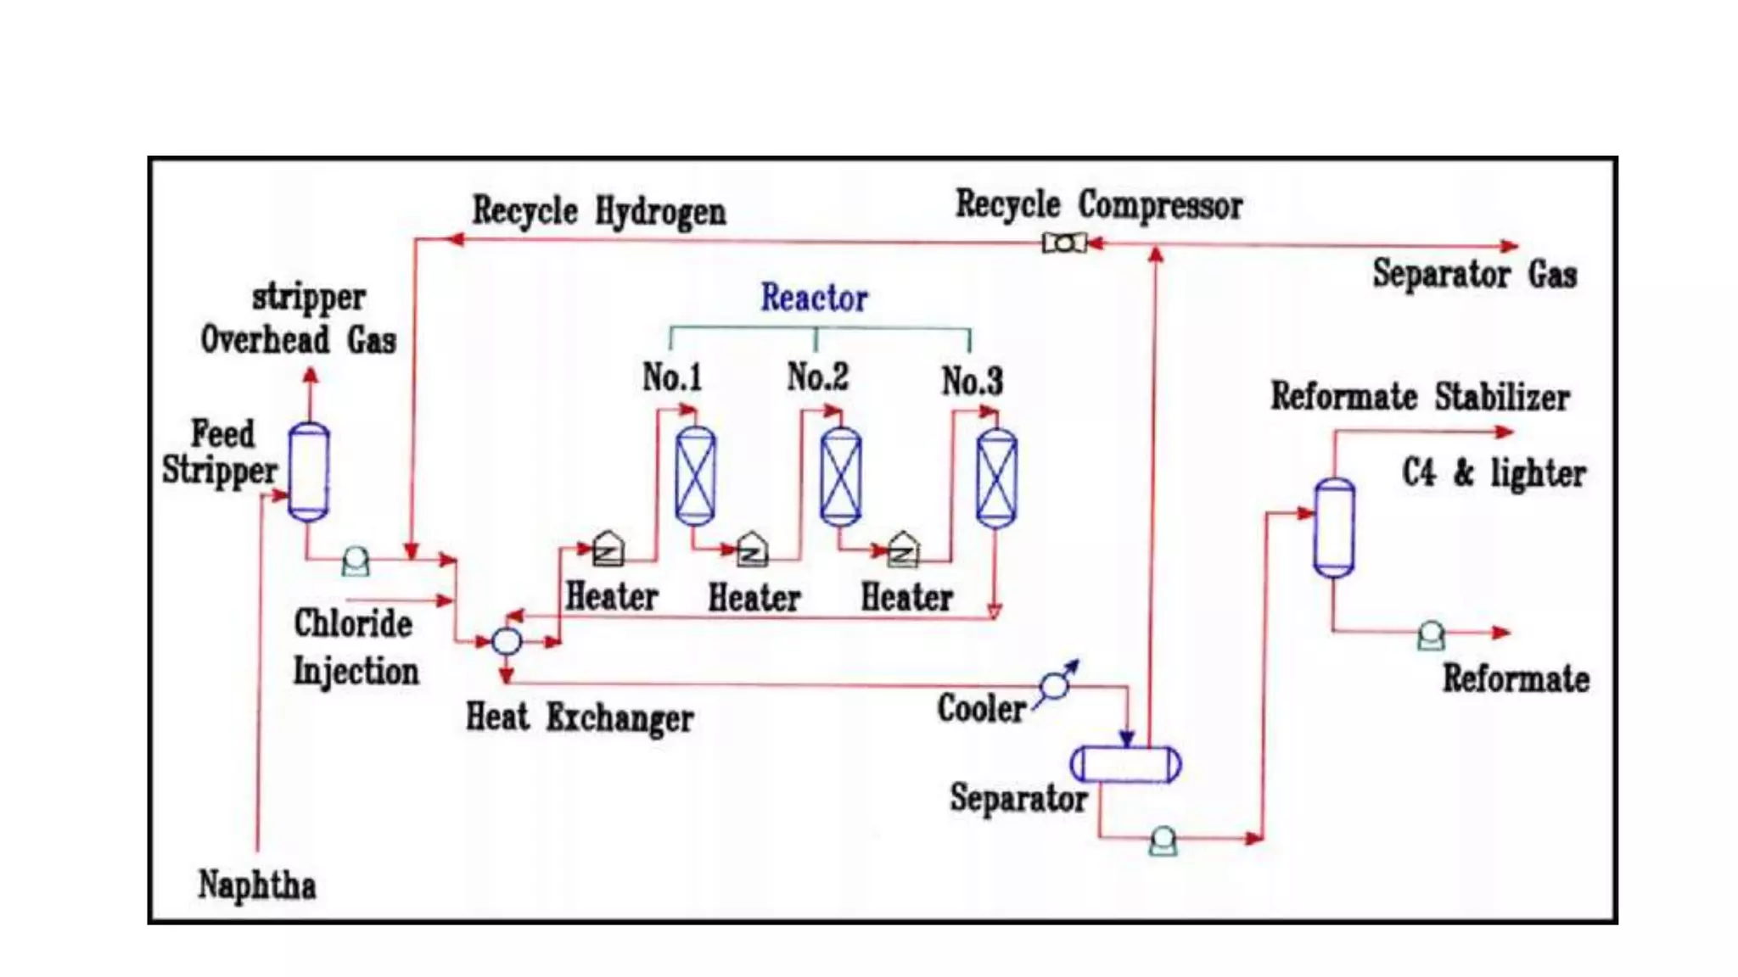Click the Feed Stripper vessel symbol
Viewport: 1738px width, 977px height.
(x=309, y=472)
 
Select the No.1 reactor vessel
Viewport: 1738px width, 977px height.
(x=695, y=476)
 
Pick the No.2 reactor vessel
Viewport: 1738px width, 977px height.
(x=841, y=477)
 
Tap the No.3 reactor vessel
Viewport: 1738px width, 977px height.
(x=996, y=478)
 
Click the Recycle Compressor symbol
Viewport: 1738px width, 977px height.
(x=1064, y=243)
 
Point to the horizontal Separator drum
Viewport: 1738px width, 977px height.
(x=1125, y=763)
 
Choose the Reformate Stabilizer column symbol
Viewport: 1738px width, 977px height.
(x=1334, y=528)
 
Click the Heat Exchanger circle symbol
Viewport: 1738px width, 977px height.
(x=507, y=641)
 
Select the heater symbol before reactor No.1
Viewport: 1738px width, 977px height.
(x=608, y=550)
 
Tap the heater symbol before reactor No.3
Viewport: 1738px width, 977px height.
(x=903, y=550)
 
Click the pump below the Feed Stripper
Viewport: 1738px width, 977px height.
(x=356, y=561)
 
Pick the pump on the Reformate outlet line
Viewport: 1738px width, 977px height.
(x=1431, y=635)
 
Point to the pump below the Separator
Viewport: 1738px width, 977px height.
(x=1163, y=841)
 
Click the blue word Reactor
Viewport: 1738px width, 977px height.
(x=814, y=298)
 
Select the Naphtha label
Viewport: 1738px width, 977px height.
(x=257, y=885)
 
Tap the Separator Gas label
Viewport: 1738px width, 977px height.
(x=1474, y=275)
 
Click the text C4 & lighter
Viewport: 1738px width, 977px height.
(x=1493, y=473)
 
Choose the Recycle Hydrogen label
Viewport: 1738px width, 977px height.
(x=599, y=211)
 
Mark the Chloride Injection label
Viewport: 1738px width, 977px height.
(x=356, y=647)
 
